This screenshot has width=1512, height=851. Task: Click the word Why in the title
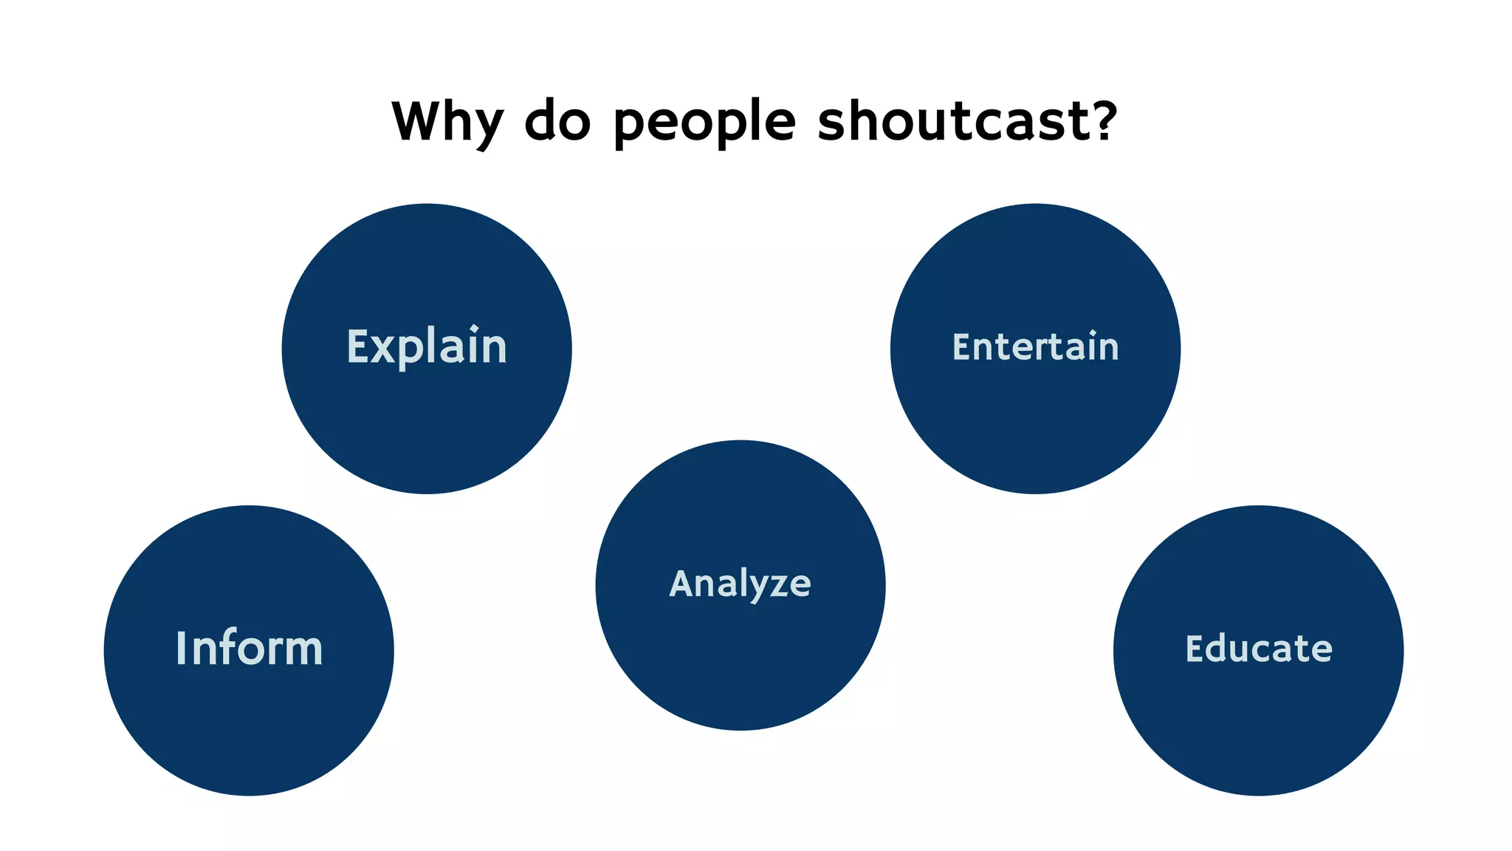(447, 122)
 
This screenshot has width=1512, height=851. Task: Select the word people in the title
(704, 122)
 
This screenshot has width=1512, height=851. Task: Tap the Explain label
(427, 347)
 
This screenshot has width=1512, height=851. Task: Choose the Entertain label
(1035, 347)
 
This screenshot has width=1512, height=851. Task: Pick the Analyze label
(740, 584)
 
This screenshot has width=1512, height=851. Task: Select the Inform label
(249, 649)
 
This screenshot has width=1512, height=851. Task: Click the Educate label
(1259, 649)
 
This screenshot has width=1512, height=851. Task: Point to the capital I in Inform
(181, 649)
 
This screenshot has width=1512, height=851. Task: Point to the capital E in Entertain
(961, 346)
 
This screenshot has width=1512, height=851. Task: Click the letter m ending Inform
(303, 652)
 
